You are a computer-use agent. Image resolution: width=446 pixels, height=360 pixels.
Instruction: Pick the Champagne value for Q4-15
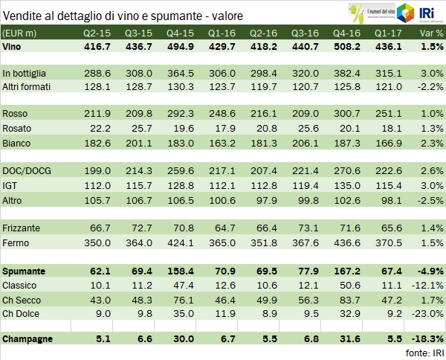199,339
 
